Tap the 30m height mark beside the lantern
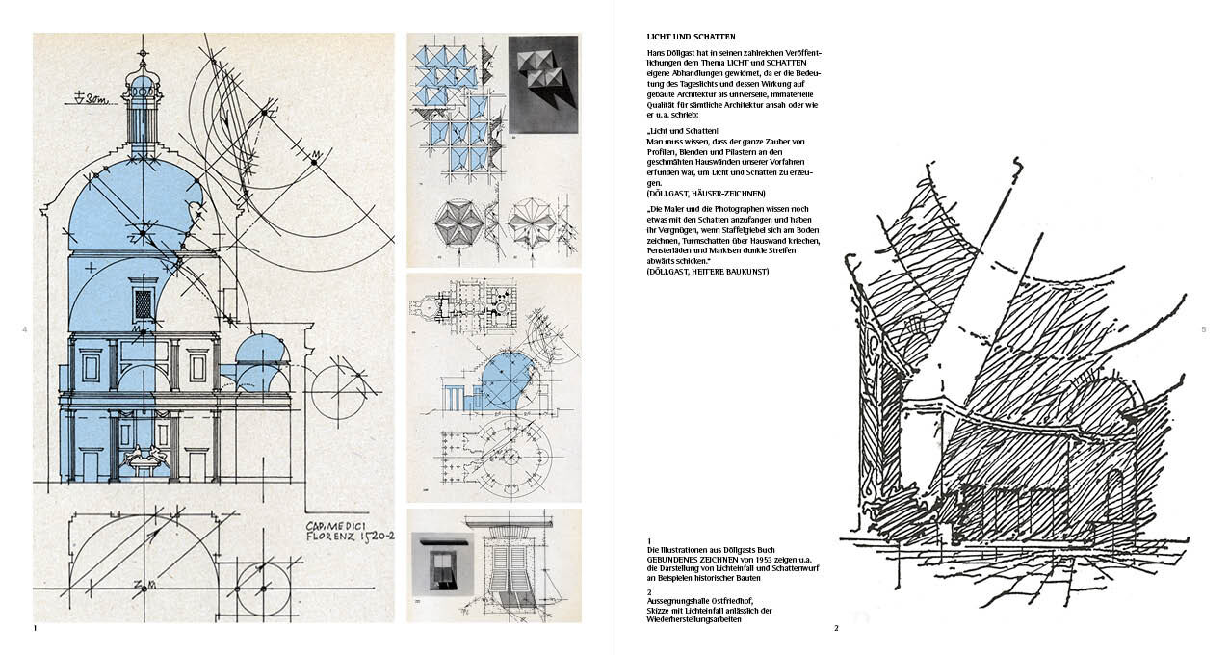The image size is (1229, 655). pyautogui.click(x=93, y=96)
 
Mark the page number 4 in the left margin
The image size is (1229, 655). pyautogui.click(x=24, y=330)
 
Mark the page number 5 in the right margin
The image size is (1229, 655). pyautogui.click(x=1204, y=330)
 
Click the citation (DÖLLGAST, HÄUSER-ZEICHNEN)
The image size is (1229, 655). pyautogui.click(x=706, y=193)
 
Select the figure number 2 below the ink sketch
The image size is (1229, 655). pyautogui.click(x=837, y=628)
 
